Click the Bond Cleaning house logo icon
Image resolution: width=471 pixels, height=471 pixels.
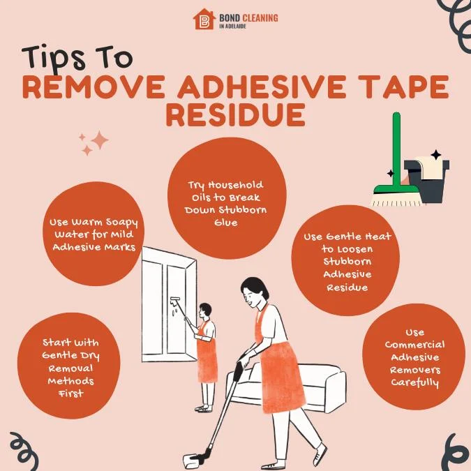pos(204,19)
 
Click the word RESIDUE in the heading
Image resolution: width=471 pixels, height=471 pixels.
pos(235,115)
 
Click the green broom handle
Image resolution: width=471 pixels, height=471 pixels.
pos(397,150)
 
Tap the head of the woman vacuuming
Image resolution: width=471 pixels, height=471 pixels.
pos(252,290)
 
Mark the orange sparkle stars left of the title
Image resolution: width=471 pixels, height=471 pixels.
pos(94,143)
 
